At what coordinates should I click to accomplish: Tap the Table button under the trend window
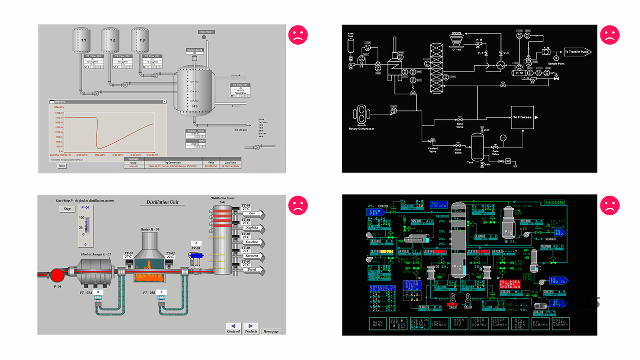pyautogui.click(x=62, y=166)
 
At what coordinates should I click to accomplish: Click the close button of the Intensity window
pyautogui.click(x=164, y=102)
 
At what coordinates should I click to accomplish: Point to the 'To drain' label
pyautogui.click(x=241, y=130)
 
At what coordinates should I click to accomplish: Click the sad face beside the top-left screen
pyautogui.click(x=298, y=35)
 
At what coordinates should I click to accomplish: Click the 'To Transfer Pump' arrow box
pyautogui.click(x=577, y=52)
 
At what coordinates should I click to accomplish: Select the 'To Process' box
pyautogui.click(x=522, y=117)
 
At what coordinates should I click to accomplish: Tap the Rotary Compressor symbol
pyautogui.click(x=361, y=115)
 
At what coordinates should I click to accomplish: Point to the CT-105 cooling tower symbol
pyautogui.click(x=456, y=40)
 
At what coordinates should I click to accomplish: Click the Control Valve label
pyautogui.click(x=433, y=150)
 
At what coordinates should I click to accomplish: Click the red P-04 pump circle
pyautogui.click(x=57, y=275)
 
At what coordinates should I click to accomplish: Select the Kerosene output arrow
pyautogui.click(x=253, y=256)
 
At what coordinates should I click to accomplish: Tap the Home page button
pyautogui.click(x=271, y=331)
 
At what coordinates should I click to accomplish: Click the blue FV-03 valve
pyautogui.click(x=196, y=257)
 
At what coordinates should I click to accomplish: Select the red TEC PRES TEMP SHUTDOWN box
pyautogui.click(x=510, y=284)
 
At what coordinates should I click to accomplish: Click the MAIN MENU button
pyautogui.click(x=378, y=323)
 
